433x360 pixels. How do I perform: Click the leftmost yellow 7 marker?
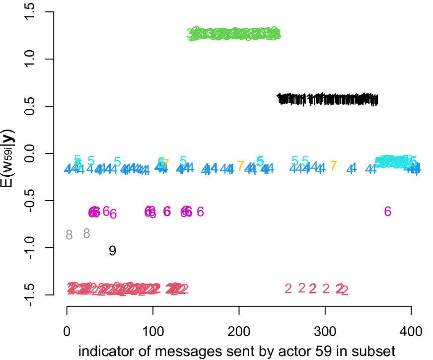pos(166,164)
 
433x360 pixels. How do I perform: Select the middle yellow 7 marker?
pos(240,166)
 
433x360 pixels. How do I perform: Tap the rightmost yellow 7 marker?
pos(333,166)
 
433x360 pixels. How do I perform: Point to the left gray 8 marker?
pos(69,235)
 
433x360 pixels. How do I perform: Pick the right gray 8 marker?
pos(86,233)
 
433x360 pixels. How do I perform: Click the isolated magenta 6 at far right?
pos(387,212)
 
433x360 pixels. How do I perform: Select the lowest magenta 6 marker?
pos(113,215)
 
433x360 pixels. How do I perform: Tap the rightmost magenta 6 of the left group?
pos(200,212)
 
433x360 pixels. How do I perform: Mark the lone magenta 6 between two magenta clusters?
pos(167,212)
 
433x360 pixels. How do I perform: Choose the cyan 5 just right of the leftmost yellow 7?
pos(183,161)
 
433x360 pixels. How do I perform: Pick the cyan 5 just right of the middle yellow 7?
pos(260,161)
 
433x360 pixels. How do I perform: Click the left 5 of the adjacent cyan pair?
pos(294,161)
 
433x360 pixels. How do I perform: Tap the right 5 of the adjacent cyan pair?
pos(305,161)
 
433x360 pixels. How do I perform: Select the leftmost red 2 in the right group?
pos(288,288)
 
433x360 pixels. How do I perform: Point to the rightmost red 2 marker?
pos(345,291)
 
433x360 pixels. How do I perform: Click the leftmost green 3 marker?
pos(190,34)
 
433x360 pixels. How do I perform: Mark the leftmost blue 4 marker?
pos(68,169)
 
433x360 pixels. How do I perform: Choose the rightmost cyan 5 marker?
pos(413,162)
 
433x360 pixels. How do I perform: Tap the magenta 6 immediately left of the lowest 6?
pos(106,212)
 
